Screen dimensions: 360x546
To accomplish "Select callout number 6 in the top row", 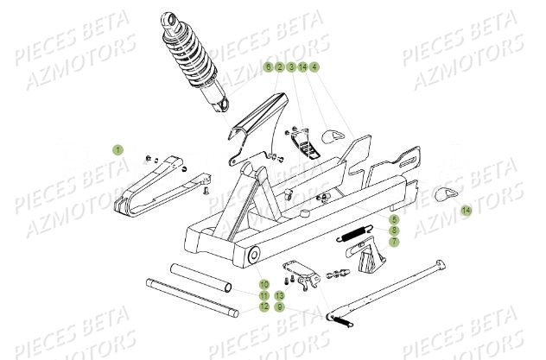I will (268, 67).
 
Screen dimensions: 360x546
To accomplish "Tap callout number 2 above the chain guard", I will (280, 67).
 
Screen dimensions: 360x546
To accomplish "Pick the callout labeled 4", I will (314, 67).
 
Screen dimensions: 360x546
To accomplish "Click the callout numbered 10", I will (264, 284).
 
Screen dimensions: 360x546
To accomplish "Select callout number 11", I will (264, 295).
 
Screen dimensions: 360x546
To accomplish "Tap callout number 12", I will (264, 306).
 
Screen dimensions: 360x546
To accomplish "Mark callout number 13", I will (280, 295).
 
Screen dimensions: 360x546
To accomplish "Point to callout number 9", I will (280, 306).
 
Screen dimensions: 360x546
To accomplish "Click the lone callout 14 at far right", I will (467, 211).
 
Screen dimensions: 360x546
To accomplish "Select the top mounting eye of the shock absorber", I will (165, 17).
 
